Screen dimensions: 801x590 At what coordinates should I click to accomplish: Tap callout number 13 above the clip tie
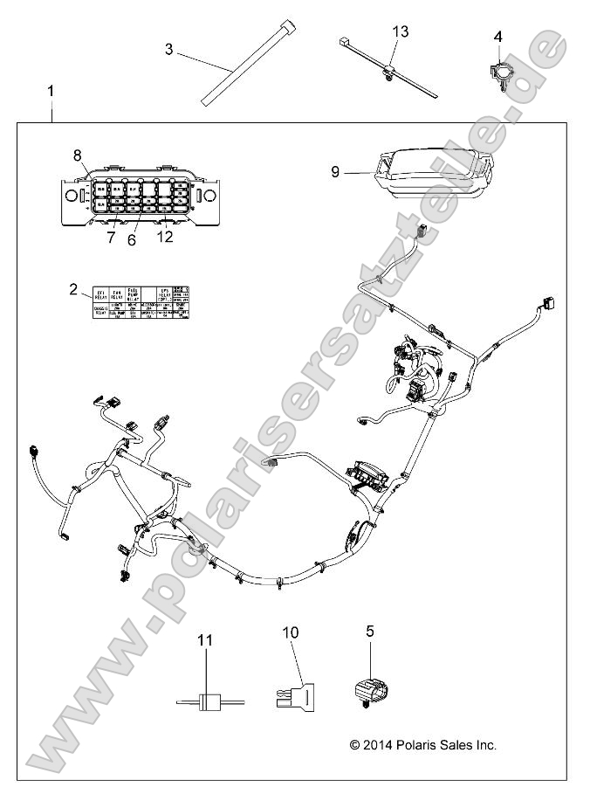click(400, 31)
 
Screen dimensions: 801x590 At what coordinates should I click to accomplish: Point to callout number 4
click(498, 36)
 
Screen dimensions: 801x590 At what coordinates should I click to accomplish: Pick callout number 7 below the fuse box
click(111, 238)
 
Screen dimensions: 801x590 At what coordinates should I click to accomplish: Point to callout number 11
click(205, 641)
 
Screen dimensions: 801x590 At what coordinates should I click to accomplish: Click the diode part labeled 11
click(208, 701)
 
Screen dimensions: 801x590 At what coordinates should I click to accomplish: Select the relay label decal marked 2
click(141, 303)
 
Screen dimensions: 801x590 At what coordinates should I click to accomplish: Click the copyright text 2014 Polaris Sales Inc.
click(422, 745)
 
